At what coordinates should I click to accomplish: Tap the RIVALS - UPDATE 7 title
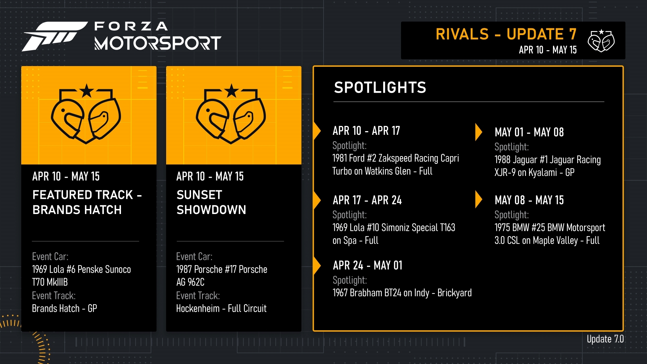[506, 34]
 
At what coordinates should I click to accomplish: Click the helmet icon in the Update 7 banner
[601, 41]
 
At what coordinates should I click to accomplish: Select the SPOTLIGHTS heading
[380, 88]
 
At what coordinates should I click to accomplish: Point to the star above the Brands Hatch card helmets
[87, 91]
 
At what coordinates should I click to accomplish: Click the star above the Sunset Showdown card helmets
[232, 91]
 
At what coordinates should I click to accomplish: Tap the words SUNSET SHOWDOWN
[211, 202]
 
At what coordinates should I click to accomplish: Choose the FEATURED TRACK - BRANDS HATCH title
[87, 202]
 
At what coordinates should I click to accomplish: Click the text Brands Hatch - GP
[64, 308]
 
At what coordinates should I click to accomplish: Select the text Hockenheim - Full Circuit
[221, 308]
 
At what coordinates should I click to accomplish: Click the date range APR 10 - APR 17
[366, 130]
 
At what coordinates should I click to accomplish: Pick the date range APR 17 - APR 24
[367, 200]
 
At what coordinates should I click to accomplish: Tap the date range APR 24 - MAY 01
[368, 266]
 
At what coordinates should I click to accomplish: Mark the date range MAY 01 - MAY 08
[529, 132]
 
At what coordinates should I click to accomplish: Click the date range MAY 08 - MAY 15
[529, 200]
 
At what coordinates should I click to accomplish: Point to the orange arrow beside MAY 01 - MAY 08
[478, 132]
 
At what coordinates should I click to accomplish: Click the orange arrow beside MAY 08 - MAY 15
[478, 199]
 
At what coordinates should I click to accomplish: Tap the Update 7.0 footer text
[605, 339]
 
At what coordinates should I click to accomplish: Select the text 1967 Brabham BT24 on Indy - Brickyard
[402, 293]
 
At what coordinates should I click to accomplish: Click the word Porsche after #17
[253, 269]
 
